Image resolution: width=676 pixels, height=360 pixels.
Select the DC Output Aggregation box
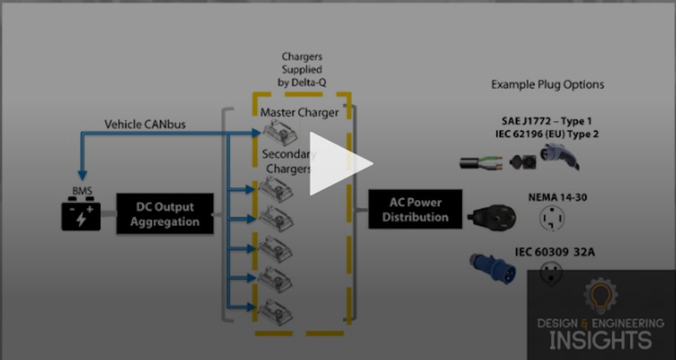point(165,214)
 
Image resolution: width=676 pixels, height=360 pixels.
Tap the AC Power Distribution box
point(415,210)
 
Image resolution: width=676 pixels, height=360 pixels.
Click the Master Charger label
point(299,113)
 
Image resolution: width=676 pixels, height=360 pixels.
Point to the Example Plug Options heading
point(548,85)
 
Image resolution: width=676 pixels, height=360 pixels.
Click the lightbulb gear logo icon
point(601,296)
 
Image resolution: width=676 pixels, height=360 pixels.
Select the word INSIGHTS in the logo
point(601,340)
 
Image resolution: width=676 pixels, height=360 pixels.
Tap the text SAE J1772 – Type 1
point(546,121)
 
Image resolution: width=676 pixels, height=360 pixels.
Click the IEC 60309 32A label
point(554,252)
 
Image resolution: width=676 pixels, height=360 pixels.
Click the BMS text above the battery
point(82,192)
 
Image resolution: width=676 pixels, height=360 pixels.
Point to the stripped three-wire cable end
point(482,163)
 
